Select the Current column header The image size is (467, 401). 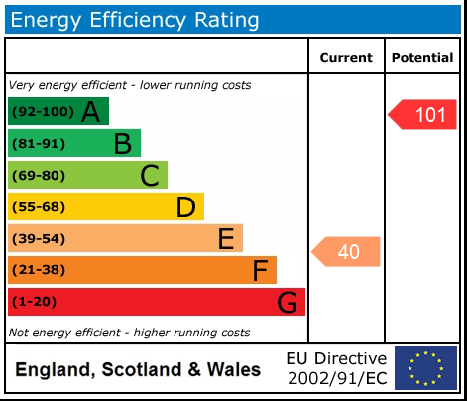pyautogui.click(x=346, y=58)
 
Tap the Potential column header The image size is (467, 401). pyautogui.click(x=422, y=58)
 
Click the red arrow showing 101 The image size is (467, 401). pyautogui.click(x=423, y=115)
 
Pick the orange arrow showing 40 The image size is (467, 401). pyautogui.click(x=347, y=252)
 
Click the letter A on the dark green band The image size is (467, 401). pyautogui.click(x=90, y=112)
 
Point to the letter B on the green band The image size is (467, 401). pyautogui.click(x=122, y=144)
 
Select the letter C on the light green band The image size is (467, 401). pyautogui.click(x=150, y=176)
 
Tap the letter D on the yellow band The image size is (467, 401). pyautogui.click(x=185, y=207)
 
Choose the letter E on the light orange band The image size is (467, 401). pyautogui.click(x=226, y=239)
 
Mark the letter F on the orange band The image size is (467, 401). pyautogui.click(x=261, y=270)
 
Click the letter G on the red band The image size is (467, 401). pyautogui.click(x=287, y=302)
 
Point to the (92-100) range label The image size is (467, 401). pyautogui.click(x=42, y=112)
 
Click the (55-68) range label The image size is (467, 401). pyautogui.click(x=39, y=207)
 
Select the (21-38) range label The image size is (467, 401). pyautogui.click(x=39, y=270)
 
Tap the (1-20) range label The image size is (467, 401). pyautogui.click(x=35, y=302)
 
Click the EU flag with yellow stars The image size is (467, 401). pyautogui.click(x=425, y=368)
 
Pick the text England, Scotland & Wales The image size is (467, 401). pyautogui.click(x=138, y=370)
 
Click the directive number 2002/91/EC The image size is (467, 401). pyautogui.click(x=337, y=378)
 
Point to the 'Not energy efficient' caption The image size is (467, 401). pyautogui.click(x=129, y=333)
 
